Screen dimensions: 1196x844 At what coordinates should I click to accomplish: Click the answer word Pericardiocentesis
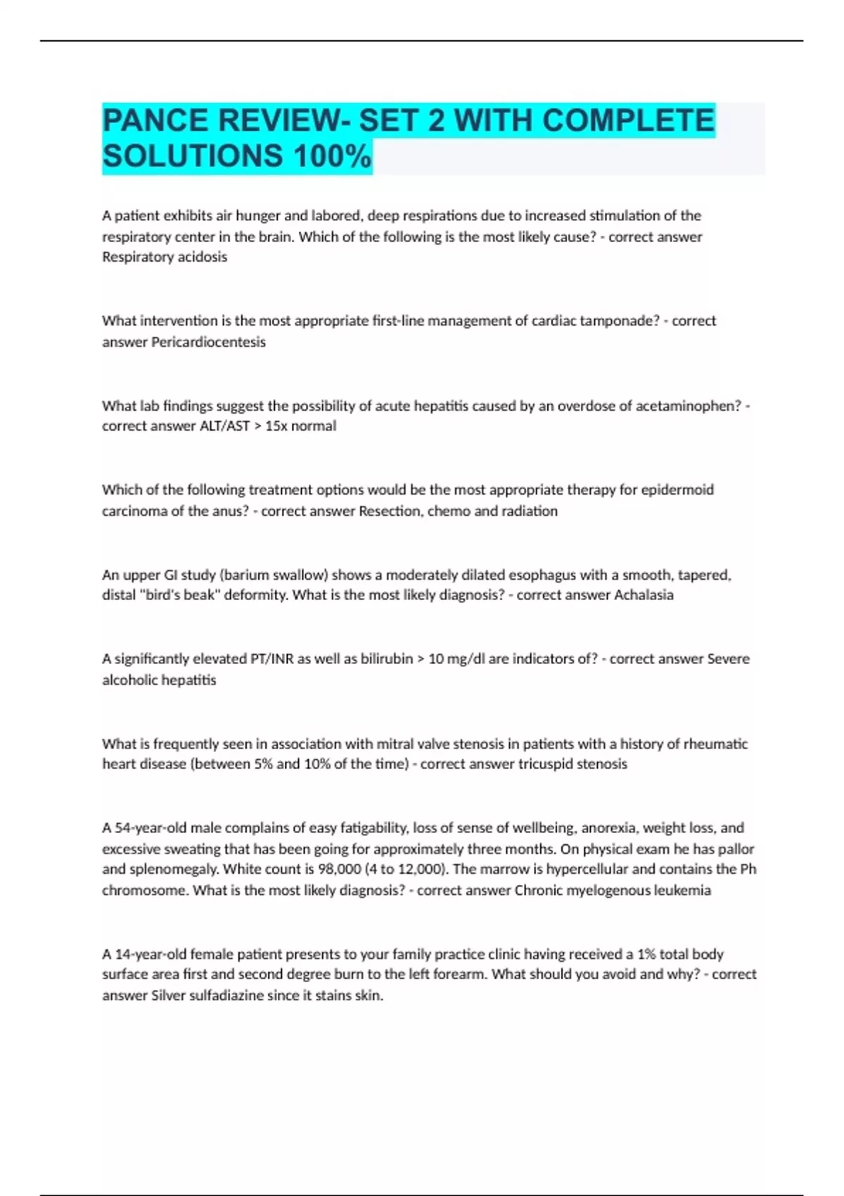(209, 342)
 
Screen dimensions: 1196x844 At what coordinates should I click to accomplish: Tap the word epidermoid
(677, 490)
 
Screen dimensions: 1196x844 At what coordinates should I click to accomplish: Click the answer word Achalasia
(644, 595)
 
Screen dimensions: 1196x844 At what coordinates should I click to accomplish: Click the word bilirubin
(386, 659)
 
